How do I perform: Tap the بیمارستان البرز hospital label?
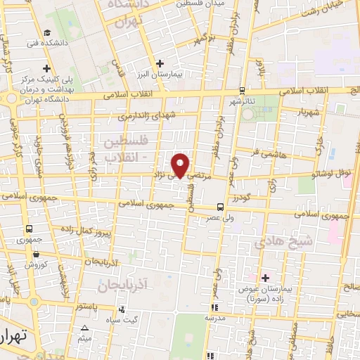[190, 73]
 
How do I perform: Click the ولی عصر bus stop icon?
[221, 207]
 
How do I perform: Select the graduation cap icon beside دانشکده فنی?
[46, 32]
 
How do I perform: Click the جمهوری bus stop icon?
[30, 229]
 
